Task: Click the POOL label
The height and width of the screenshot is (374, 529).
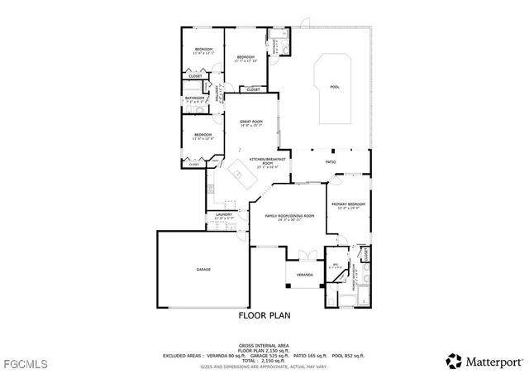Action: click(335, 87)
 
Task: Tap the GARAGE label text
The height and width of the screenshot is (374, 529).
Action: click(203, 270)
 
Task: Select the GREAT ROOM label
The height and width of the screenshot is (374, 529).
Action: click(250, 122)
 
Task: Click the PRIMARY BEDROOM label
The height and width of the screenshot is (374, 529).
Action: click(348, 204)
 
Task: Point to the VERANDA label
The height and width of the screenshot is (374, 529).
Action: click(304, 273)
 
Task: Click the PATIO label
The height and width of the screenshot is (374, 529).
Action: click(330, 161)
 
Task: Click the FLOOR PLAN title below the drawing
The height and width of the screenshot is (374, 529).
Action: click(264, 315)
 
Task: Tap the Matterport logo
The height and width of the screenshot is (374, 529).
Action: click(484, 361)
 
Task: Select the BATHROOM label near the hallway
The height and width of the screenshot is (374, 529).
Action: click(194, 98)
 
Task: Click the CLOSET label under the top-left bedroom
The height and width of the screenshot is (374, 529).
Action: click(195, 76)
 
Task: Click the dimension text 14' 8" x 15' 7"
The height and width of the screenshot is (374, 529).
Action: click(250, 126)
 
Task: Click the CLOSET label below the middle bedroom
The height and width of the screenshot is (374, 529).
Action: click(253, 89)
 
